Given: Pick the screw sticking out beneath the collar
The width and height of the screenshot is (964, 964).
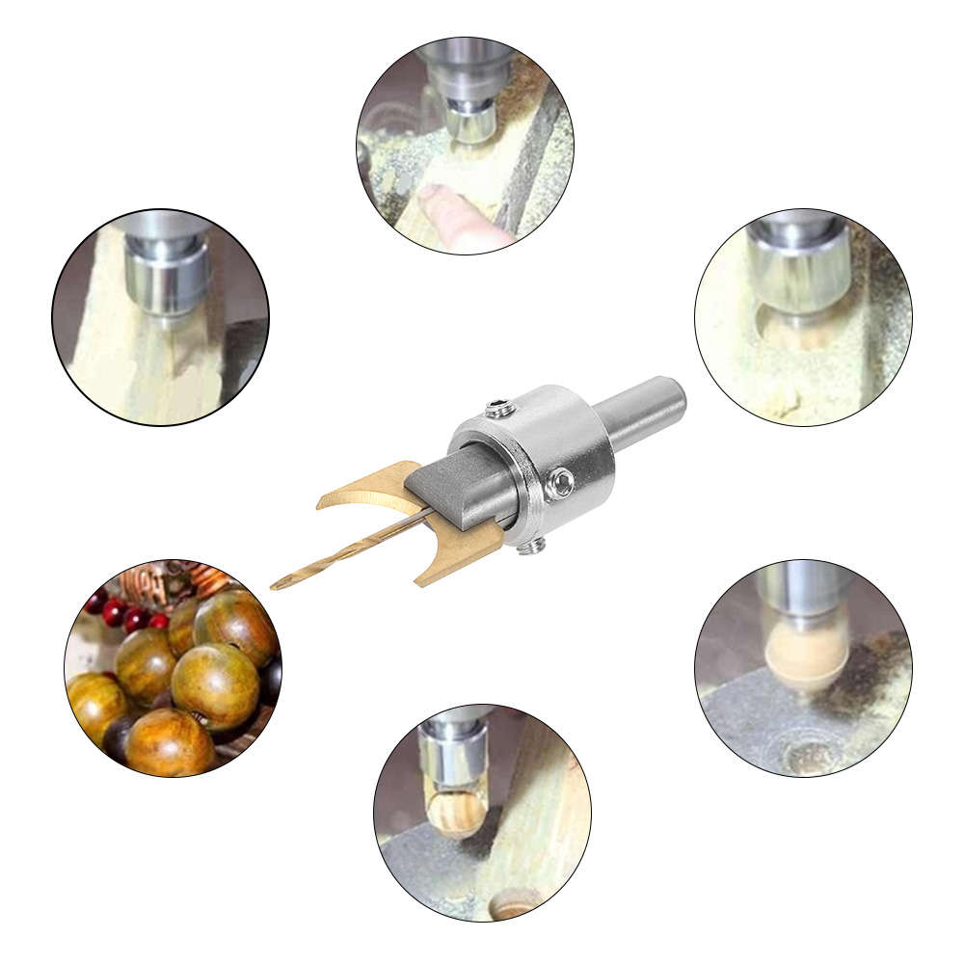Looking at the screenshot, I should click(528, 547).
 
